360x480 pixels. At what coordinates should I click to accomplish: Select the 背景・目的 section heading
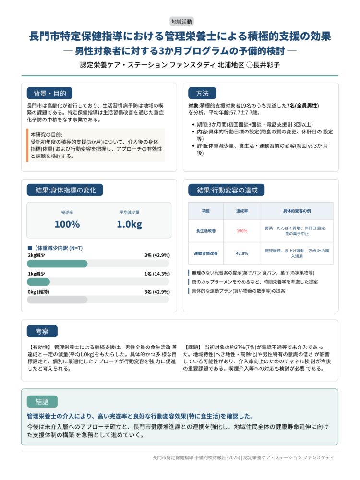pos(49,93)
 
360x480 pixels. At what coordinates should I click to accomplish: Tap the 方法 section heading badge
pos(202,93)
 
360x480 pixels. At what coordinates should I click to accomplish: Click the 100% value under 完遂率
pos(67,224)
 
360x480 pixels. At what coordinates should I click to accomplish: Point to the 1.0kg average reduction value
pos(129,224)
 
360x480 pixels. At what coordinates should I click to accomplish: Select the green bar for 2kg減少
pos(57,264)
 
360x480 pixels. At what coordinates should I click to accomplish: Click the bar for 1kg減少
pos(38,282)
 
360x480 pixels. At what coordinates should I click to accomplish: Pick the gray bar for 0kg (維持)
pos(57,300)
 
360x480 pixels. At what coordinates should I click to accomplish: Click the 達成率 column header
pos(242,211)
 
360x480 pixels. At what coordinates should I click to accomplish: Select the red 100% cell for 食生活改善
pos(242,231)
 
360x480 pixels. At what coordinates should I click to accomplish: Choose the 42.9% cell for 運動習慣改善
pos(242,253)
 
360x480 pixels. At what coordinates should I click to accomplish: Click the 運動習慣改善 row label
pos(205,253)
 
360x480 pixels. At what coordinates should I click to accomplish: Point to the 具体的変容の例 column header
pos(297,211)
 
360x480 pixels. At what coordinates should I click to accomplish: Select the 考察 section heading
pos(42,331)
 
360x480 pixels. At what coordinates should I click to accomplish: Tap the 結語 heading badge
pos(42,401)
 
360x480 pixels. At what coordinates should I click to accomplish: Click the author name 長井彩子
pos(266,64)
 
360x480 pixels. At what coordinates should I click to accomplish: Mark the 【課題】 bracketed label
pos(192,347)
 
